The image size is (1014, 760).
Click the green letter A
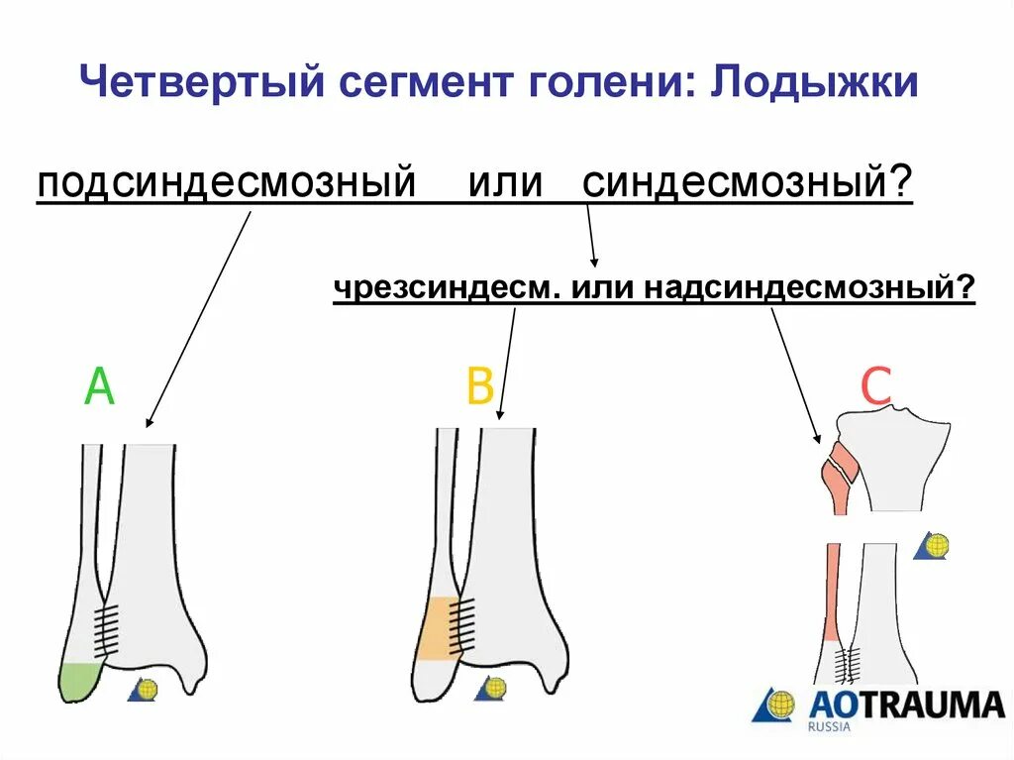point(99,387)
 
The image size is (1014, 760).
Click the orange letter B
point(480,387)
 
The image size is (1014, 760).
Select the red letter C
point(876,387)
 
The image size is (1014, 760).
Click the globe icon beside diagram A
point(145,690)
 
